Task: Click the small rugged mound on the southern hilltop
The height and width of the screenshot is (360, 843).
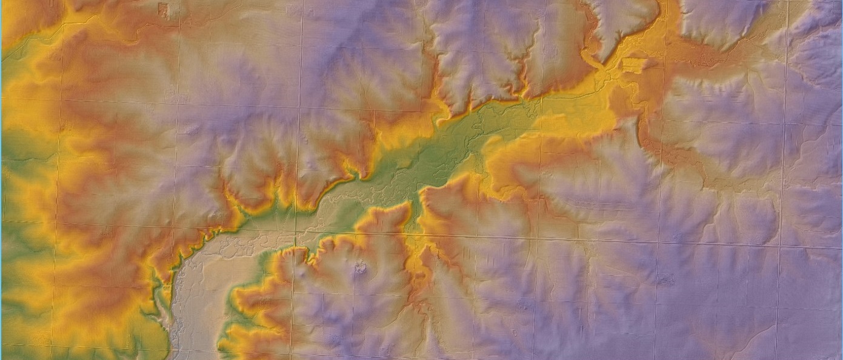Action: (361, 267)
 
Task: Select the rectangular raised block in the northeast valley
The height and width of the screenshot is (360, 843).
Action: (634, 63)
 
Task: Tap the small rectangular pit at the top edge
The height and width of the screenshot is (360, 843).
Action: (162, 8)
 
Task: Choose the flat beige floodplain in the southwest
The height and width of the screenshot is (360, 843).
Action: (206, 285)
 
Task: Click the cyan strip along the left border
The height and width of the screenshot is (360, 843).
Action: (1, 182)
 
